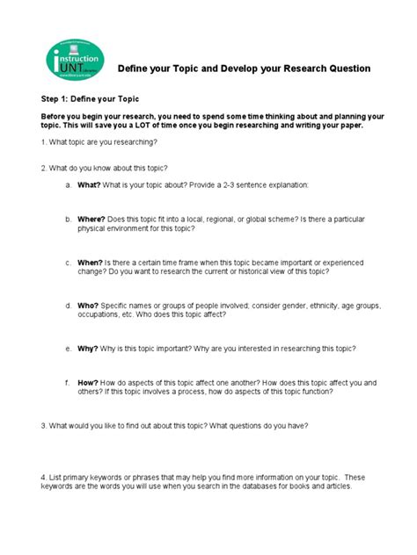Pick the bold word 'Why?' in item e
88,347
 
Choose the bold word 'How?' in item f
88,383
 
